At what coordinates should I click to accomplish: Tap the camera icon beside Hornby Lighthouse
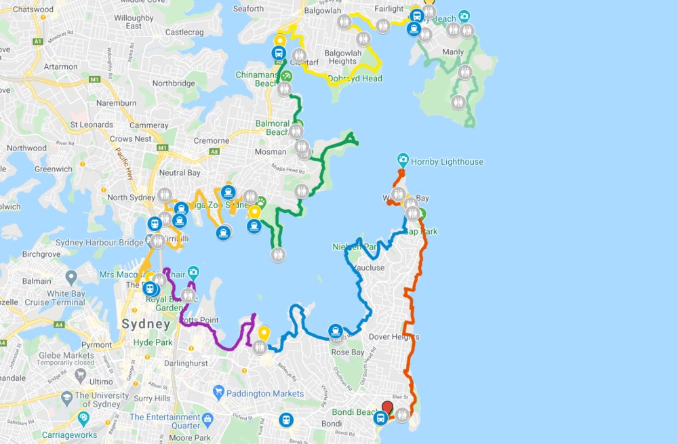[x=403, y=161]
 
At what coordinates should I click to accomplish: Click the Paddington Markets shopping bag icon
[x=218, y=392]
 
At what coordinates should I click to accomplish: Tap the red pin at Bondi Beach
[x=387, y=408]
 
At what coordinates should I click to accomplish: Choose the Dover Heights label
[x=394, y=337]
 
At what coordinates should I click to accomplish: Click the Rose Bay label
[x=347, y=352]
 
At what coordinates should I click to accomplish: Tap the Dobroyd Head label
[x=355, y=79]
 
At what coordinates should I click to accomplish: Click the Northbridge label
[x=174, y=83]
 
